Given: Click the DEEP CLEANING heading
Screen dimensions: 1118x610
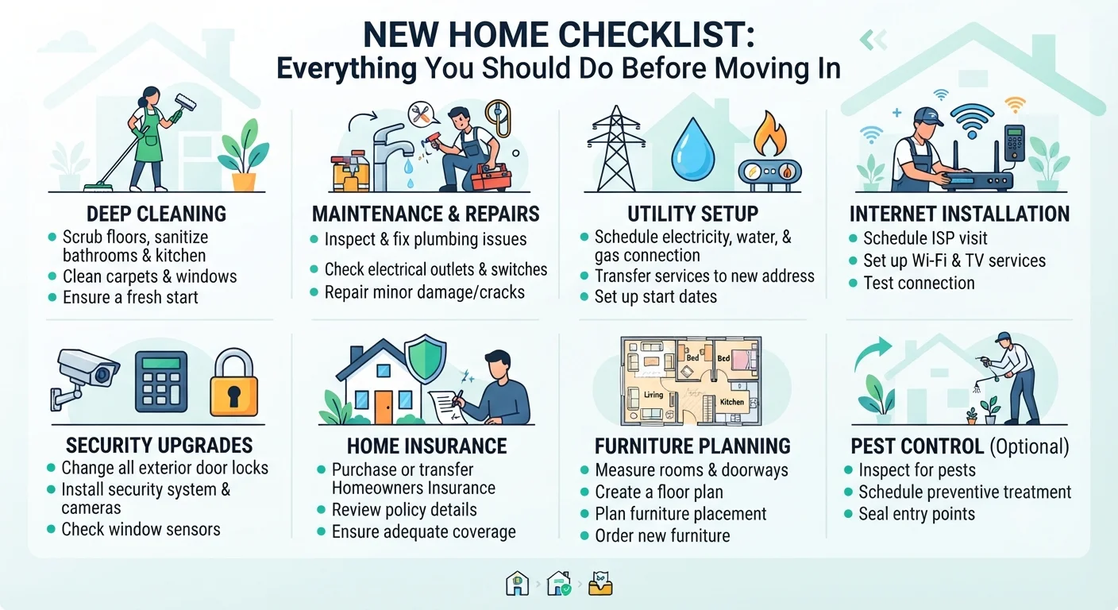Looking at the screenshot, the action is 156,214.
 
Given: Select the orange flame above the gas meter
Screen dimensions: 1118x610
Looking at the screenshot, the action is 769,133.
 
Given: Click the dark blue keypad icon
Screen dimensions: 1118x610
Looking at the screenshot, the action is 161,381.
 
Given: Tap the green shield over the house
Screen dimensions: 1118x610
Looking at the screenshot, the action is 426,358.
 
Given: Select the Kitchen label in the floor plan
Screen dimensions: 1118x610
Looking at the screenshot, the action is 731,402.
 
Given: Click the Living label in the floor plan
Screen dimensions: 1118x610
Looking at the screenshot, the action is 653,395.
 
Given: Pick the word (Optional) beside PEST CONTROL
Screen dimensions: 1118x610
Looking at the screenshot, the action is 1029,446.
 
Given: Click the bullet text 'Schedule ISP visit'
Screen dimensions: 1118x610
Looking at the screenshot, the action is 925,238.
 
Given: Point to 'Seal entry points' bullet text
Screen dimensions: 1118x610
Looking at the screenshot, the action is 917,514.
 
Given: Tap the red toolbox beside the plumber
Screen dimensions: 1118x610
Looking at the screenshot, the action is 492,176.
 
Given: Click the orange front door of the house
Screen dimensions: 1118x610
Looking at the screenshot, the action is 384,407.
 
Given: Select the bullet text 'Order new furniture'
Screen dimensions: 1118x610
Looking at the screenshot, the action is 662,535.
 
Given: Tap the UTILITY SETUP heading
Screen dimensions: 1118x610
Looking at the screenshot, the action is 692,214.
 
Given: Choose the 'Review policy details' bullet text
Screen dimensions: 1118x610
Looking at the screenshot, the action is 404,510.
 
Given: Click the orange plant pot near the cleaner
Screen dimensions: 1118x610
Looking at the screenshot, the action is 244,182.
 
